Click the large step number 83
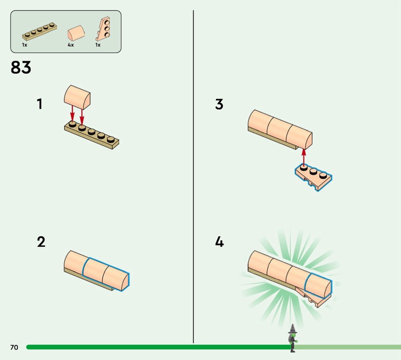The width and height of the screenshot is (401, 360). tap(21, 67)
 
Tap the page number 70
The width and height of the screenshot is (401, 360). tap(15, 347)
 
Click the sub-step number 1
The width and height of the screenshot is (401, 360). tap(40, 104)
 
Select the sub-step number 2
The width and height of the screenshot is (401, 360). tap(41, 242)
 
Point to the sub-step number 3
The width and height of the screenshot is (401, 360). tap(219, 104)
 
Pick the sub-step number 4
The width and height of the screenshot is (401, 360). tap(220, 242)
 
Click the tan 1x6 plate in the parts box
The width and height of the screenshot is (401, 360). tap(40, 32)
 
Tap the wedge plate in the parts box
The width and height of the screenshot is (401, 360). tap(103, 29)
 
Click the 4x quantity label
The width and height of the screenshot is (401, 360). tap(71, 45)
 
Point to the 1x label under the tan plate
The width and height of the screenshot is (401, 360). tap(25, 45)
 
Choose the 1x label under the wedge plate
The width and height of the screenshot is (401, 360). tap(98, 45)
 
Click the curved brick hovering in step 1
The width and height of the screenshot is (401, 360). tap(77, 97)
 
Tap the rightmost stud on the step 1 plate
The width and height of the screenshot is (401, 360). tap(110, 139)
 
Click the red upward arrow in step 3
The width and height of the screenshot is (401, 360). tap(304, 156)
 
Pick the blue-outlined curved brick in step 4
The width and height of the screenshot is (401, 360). tap(318, 286)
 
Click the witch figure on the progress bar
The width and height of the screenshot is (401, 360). tap(293, 338)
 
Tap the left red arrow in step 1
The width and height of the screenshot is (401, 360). tap(72, 114)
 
